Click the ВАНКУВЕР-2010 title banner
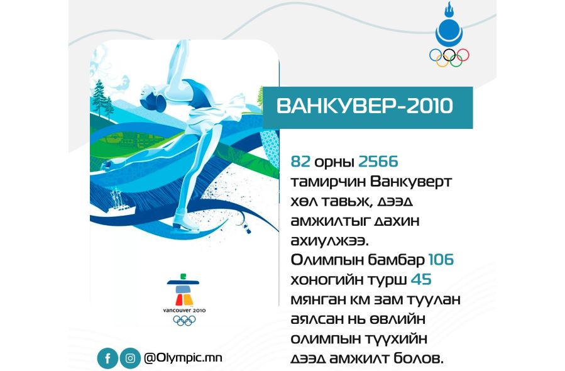(x=368, y=108)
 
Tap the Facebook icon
(x=107, y=358)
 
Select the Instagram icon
(x=130, y=358)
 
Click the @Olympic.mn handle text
(x=183, y=358)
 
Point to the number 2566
(x=378, y=162)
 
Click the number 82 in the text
(x=300, y=162)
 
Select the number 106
(x=441, y=260)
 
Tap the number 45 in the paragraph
(x=421, y=279)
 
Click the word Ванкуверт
(x=411, y=182)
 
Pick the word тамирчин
(x=328, y=182)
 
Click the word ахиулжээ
(x=330, y=240)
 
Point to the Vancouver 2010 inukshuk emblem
(x=183, y=290)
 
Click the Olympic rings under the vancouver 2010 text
(x=184, y=321)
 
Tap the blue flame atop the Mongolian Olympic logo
(x=449, y=10)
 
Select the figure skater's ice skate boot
(x=185, y=222)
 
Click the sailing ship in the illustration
(x=120, y=204)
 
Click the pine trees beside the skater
(x=102, y=99)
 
